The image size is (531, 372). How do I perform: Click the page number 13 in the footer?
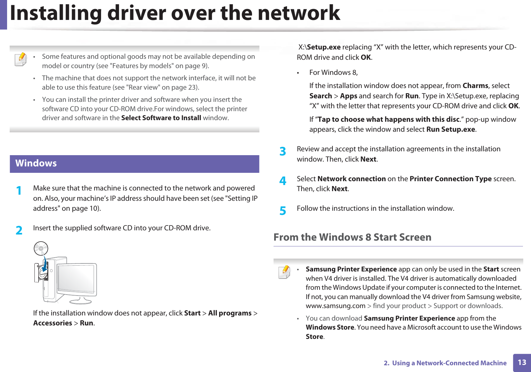point(522,362)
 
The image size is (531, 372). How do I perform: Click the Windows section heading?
point(36,163)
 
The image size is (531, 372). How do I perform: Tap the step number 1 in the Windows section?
point(19,190)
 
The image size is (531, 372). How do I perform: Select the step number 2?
point(19,230)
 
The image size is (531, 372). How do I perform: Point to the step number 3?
point(283,151)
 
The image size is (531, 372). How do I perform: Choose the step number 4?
point(283,181)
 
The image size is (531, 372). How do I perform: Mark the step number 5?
point(283,211)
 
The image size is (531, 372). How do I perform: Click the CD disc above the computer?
point(41,248)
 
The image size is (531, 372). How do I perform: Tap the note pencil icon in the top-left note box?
point(21,59)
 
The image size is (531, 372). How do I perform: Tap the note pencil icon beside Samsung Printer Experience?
point(284,272)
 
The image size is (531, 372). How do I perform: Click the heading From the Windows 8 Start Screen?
point(352,237)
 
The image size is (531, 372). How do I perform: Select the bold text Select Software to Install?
point(161,118)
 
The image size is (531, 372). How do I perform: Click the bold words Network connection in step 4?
point(351,179)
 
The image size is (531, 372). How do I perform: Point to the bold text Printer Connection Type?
point(451,179)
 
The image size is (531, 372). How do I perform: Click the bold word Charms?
point(475,86)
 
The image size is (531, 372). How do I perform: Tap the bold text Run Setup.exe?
point(451,129)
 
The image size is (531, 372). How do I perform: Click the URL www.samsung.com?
point(335,306)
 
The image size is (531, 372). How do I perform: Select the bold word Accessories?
point(52,323)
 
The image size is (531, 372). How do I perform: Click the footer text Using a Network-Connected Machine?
point(449,363)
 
